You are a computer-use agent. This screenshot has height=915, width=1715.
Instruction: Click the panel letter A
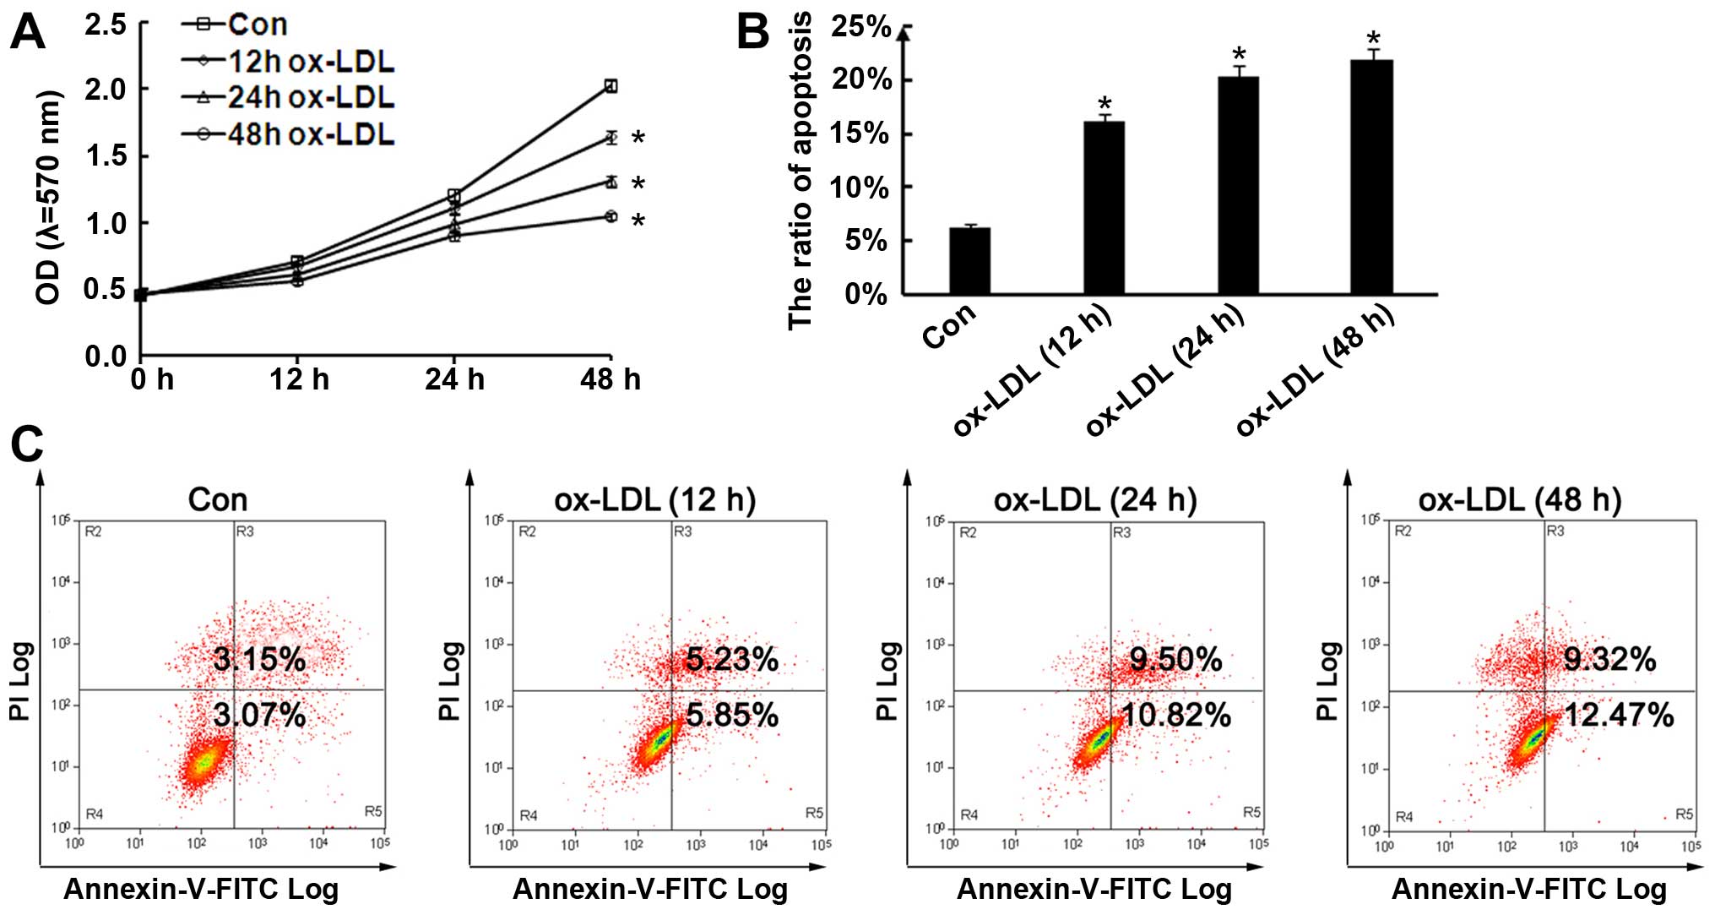(x=27, y=34)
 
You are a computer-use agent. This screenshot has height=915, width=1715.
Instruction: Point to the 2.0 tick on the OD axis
(x=106, y=89)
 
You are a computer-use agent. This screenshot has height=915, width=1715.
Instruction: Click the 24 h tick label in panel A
(x=454, y=380)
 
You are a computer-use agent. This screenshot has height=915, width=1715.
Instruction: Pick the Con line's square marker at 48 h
(x=611, y=85)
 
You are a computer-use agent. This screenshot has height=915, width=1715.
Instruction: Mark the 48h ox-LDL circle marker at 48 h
(x=611, y=216)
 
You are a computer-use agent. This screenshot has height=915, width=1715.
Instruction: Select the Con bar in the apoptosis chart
(x=969, y=261)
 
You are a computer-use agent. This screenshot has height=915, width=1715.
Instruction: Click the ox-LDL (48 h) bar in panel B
(x=1371, y=177)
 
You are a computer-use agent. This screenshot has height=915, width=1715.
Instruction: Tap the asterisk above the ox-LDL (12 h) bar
(x=1104, y=106)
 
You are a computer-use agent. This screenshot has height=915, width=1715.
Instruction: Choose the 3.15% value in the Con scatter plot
(x=259, y=659)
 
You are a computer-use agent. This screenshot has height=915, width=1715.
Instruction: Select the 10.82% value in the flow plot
(x=1176, y=716)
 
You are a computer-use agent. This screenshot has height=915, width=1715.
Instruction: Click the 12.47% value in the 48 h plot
(x=1619, y=716)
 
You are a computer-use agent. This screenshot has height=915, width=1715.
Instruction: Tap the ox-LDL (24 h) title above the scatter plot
(x=1095, y=500)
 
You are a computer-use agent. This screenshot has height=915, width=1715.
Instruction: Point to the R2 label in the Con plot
(x=93, y=531)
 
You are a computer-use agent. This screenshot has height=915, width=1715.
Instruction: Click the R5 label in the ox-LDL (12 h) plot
(x=814, y=813)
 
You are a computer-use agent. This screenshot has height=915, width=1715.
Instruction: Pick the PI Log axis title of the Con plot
(x=20, y=681)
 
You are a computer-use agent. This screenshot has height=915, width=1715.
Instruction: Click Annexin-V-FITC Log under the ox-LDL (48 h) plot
(x=1528, y=890)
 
